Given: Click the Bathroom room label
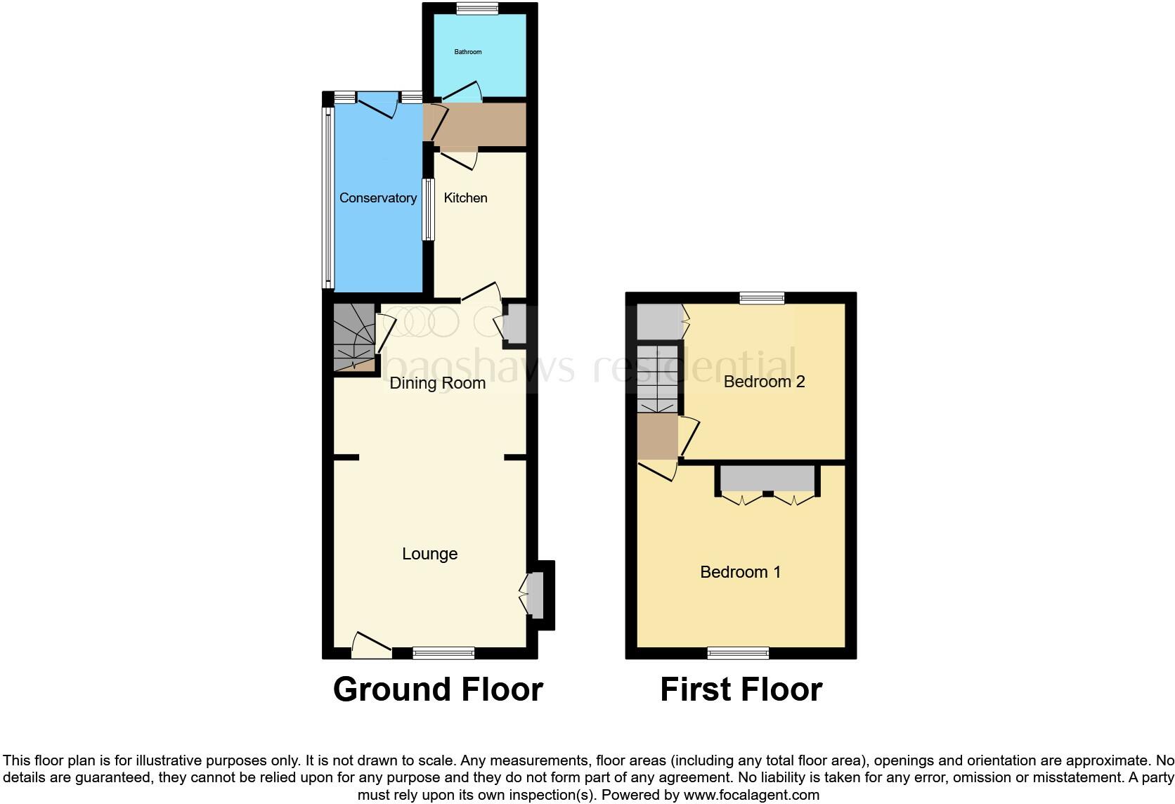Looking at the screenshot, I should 468,52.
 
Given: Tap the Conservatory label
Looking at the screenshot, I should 378,198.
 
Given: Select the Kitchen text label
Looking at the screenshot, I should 465,198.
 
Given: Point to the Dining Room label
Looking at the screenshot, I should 437,383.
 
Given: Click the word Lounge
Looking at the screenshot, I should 429,554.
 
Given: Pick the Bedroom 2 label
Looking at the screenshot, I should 764,382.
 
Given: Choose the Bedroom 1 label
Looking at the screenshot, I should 740,572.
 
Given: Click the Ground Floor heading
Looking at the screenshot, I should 437,689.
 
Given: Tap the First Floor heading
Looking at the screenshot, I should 741,689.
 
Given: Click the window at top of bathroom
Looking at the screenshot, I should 476,9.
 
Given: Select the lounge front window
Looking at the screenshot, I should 443,653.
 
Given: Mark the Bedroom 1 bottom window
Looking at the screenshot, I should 738,653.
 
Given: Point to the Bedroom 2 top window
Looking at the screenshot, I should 762,298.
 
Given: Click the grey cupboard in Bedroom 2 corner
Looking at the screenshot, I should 659,321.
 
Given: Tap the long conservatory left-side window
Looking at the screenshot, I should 328,197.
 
